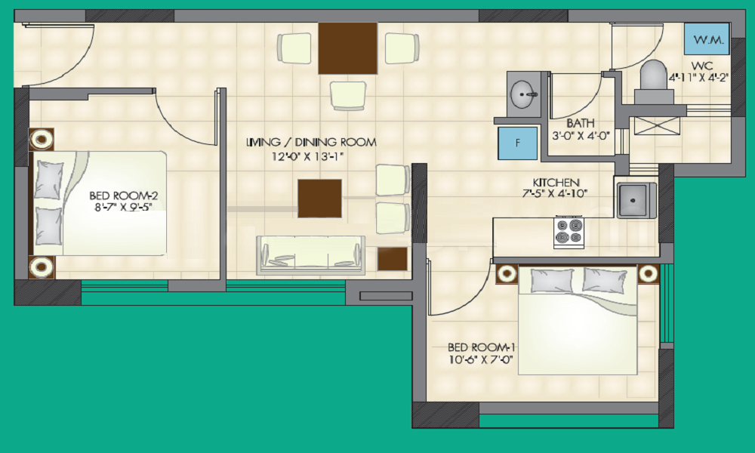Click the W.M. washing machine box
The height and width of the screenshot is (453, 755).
click(x=707, y=39)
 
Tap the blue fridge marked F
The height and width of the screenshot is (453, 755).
click(x=518, y=142)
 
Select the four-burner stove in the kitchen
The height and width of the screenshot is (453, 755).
click(x=569, y=232)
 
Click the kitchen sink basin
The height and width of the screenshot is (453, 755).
click(x=636, y=199)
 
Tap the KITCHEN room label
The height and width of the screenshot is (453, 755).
click(x=556, y=183)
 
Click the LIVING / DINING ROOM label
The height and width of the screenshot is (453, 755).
click(x=312, y=142)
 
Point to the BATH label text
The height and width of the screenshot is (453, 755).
click(x=581, y=123)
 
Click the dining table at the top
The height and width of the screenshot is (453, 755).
click(x=347, y=48)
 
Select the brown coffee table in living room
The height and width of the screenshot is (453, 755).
click(x=320, y=197)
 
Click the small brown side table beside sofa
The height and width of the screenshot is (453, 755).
click(x=392, y=258)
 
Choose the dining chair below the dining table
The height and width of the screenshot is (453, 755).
click(x=348, y=94)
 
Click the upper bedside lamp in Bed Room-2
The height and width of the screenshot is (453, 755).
click(x=42, y=139)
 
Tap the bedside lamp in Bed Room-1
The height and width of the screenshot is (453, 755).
click(x=648, y=273)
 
